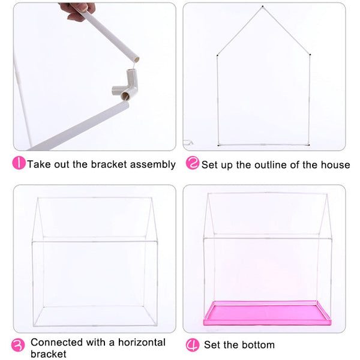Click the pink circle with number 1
click(x=19, y=163)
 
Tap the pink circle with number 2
click(x=192, y=163)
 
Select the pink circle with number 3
click(x=18, y=345)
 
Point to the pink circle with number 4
click(x=193, y=345)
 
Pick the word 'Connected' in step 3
click(x=57, y=343)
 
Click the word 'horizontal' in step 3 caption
click(x=142, y=343)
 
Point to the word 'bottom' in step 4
click(x=258, y=345)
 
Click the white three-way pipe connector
click(x=126, y=85)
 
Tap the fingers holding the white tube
click(x=77, y=11)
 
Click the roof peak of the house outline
click(x=263, y=7)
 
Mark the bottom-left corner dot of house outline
click(x=218, y=145)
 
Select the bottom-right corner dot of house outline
click(x=309, y=145)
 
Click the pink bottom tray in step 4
click(x=267, y=313)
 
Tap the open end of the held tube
click(x=137, y=59)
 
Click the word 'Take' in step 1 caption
click(x=39, y=164)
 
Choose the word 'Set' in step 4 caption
click(x=211, y=345)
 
